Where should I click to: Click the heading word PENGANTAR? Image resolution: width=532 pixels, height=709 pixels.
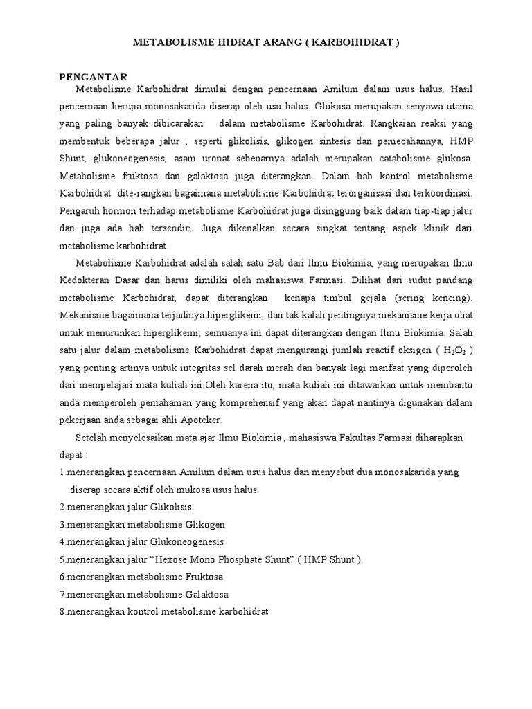click(94, 77)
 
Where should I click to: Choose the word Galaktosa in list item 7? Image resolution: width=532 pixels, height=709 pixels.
click(206, 594)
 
